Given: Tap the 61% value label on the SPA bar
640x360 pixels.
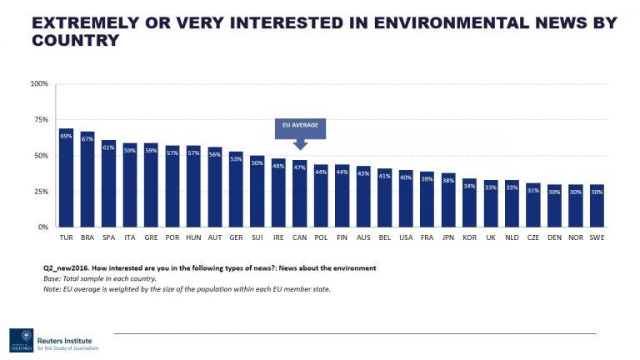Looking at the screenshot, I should pyautogui.click(x=109, y=147).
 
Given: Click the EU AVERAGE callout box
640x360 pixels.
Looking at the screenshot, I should pyautogui.click(x=300, y=128).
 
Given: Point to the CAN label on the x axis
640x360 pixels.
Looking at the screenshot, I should pyautogui.click(x=299, y=237).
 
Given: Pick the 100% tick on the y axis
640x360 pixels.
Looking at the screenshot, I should pyautogui.click(x=40, y=84).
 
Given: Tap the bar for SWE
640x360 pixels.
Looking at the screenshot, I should pyautogui.click(x=597, y=206).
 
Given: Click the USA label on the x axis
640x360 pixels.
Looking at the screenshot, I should pyautogui.click(x=406, y=237).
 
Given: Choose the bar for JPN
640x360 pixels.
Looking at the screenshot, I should pyautogui.click(x=448, y=200).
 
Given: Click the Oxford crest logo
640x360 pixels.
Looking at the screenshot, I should pyautogui.click(x=21, y=340).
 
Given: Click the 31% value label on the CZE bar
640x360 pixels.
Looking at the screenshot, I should pyautogui.click(x=533, y=191).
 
